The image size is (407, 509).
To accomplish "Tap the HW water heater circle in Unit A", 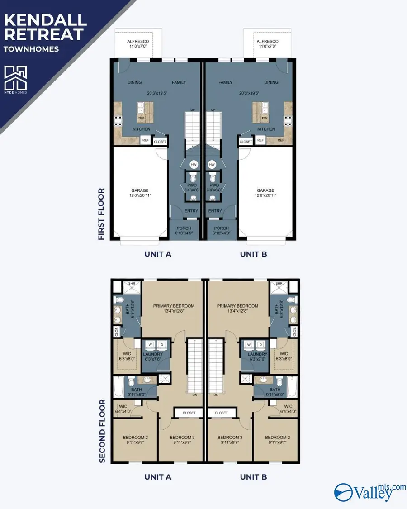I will tap(194, 165).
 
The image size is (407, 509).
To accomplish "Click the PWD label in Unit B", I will tap(214, 185).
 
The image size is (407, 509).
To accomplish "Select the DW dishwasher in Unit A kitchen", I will tap(141, 118).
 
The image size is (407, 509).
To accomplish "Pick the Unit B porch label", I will tap(221, 228).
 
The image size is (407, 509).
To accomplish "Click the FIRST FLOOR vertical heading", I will tap(101, 214).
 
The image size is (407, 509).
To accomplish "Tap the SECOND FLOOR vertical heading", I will tap(102, 431).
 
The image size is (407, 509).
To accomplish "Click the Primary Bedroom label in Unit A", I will tap(174, 306).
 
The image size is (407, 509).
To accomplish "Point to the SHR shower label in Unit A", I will tap(132, 284).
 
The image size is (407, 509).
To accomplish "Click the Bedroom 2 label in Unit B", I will tap(277, 438).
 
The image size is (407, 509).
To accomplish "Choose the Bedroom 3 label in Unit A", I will tap(182, 438).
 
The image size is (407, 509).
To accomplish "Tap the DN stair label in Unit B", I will tap(216, 395).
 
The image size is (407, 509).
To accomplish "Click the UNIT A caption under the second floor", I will tap(157, 476).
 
